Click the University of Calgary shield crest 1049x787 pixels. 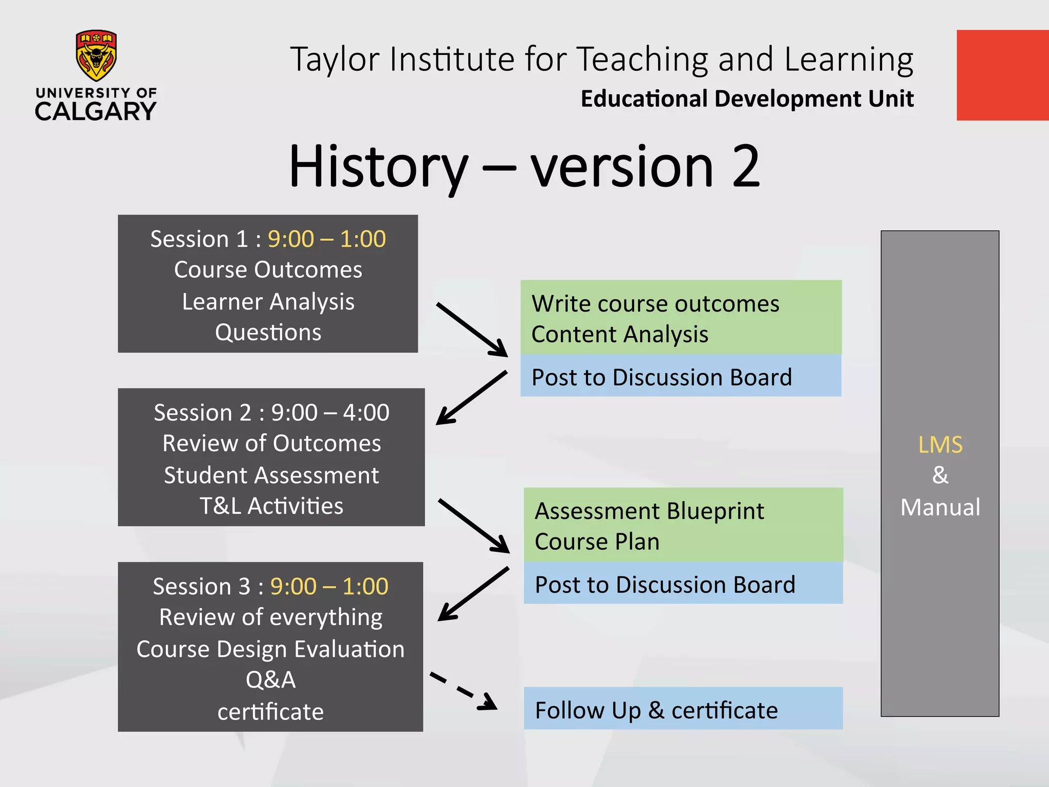coord(96,55)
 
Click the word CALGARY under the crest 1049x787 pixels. coord(96,111)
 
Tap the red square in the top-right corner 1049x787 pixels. coord(1002,75)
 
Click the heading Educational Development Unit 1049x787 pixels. coord(747,98)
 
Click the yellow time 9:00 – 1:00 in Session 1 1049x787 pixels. coord(326,239)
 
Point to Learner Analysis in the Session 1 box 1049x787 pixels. coord(268,301)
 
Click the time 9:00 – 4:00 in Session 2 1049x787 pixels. coord(330,412)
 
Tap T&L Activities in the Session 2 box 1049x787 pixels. coord(271,506)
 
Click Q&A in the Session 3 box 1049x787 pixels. coord(270,680)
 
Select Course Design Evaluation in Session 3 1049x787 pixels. coord(270,649)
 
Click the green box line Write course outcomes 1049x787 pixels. coord(655,304)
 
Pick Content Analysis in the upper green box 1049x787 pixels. coord(620,335)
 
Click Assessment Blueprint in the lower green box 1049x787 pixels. coord(649,511)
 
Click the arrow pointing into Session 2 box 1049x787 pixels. coord(471,398)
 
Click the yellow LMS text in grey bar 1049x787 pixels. coord(940,445)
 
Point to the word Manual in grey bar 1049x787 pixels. coord(940,507)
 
